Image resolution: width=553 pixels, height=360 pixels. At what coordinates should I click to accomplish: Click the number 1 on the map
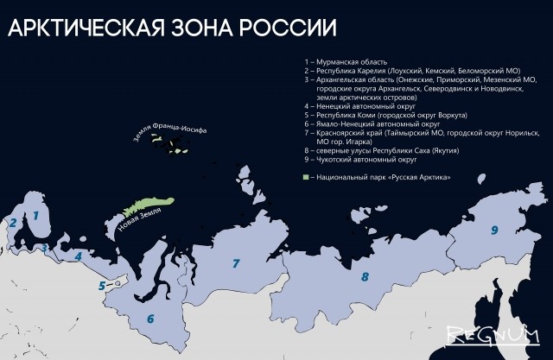35,216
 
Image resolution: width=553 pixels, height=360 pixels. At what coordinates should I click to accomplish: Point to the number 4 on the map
78,256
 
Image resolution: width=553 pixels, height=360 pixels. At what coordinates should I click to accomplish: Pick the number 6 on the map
150,319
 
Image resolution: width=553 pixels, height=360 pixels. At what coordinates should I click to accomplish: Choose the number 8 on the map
365,278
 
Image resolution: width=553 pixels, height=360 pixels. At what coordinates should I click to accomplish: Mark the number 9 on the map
494,230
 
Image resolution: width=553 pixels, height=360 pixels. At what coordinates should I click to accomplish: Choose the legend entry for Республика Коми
373,113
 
